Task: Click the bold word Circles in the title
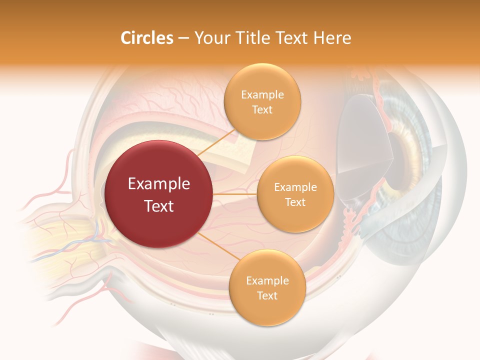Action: click(x=147, y=38)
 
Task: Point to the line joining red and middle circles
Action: click(x=235, y=194)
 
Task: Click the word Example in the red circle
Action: click(x=159, y=184)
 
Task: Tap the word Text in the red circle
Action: click(x=159, y=206)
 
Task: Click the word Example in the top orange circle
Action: click(x=262, y=95)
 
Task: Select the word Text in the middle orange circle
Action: click(x=295, y=202)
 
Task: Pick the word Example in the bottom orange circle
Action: click(x=267, y=281)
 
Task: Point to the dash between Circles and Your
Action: click(x=183, y=38)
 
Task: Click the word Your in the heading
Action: click(x=210, y=38)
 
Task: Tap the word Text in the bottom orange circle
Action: click(x=267, y=296)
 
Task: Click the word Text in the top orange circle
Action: click(x=262, y=110)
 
